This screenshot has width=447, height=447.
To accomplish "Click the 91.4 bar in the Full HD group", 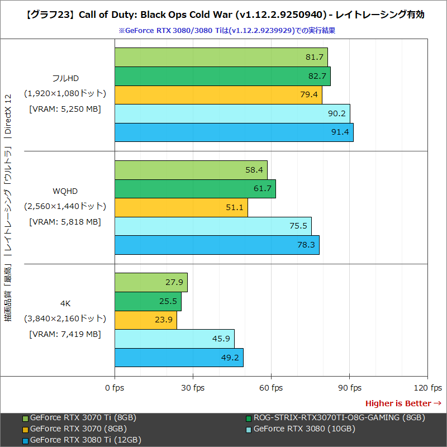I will [234, 132].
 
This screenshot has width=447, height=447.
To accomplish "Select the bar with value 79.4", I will [218, 94].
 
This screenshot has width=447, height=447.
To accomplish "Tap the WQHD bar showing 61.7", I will [195, 189].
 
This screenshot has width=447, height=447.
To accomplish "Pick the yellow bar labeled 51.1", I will [181, 208].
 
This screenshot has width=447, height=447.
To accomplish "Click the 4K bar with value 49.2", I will [179, 358].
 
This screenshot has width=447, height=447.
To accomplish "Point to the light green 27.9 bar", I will [151, 283].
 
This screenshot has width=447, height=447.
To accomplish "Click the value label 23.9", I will [165, 321].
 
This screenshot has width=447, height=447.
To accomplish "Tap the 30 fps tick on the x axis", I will [193, 388].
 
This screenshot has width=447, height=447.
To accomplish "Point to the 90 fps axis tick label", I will [349, 388].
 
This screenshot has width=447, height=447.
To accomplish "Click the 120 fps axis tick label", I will [427, 388].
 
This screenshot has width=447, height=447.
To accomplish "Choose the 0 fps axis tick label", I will [115, 388].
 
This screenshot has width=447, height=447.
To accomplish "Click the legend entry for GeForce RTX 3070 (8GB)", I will [78, 429].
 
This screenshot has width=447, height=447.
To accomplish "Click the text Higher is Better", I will [398, 403].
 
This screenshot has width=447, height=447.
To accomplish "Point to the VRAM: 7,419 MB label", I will [65, 334].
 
